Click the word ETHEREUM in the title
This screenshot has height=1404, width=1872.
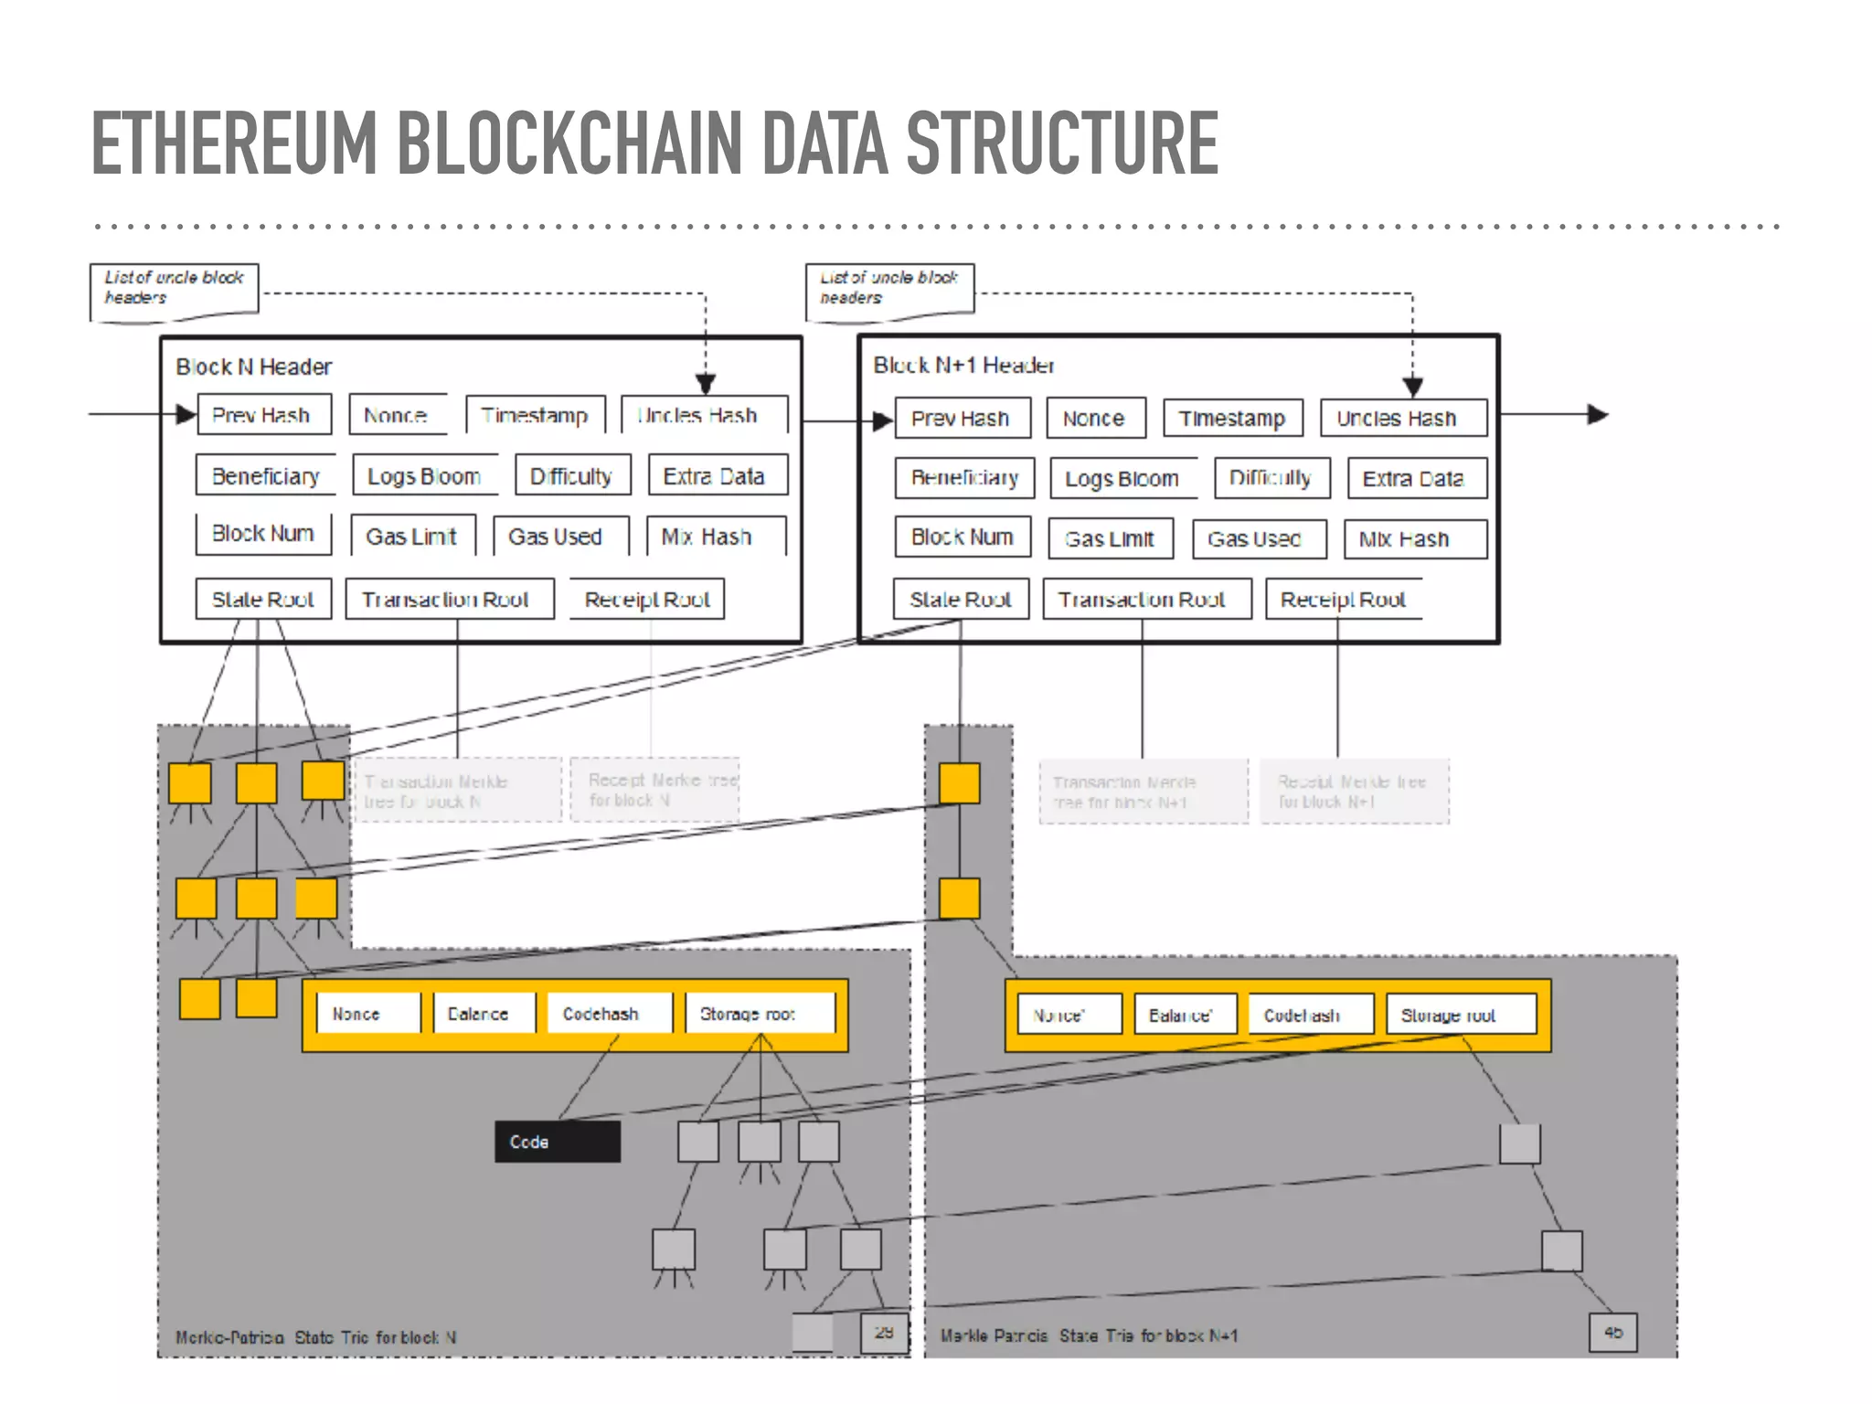(233, 144)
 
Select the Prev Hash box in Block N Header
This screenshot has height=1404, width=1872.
(263, 415)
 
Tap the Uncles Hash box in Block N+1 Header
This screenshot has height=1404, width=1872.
(1402, 419)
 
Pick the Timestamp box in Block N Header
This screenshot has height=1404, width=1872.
(535, 415)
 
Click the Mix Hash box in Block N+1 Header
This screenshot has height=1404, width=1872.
(1413, 539)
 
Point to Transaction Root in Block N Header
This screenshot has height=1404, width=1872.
(449, 600)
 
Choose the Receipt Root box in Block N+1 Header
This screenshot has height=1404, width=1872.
(1343, 600)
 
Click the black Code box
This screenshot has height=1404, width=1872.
(557, 1142)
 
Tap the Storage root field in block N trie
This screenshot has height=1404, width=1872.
(759, 1014)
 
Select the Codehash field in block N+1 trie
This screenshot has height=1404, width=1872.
(1309, 1016)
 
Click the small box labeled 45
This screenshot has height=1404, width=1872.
(1612, 1333)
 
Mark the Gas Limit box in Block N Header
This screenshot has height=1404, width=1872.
(413, 537)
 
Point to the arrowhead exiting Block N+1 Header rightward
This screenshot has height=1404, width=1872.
(1598, 415)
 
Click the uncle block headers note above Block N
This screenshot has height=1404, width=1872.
(174, 289)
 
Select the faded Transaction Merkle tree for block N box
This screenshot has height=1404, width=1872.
(457, 791)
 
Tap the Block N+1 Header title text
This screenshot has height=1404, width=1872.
(963, 366)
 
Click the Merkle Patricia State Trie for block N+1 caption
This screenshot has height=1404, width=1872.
(1089, 1335)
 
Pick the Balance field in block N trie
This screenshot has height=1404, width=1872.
(484, 1014)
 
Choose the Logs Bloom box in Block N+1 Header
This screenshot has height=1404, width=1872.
(1122, 479)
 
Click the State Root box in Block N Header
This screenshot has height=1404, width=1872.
(263, 600)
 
